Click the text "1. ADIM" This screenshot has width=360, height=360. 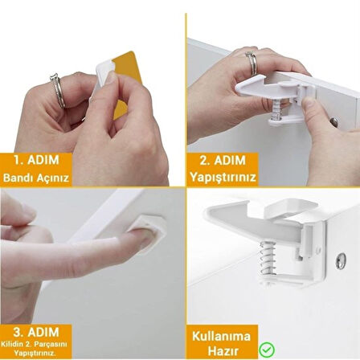click(35, 159)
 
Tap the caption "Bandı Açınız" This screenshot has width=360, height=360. click(35, 177)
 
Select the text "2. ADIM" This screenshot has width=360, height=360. click(222, 159)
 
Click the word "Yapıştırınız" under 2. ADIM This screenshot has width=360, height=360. click(222, 177)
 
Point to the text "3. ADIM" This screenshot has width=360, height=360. click(35, 330)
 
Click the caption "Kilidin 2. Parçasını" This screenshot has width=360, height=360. click(35, 343)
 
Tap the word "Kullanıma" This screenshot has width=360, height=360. click(221, 335)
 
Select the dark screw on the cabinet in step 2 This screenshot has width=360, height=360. click(333, 122)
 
